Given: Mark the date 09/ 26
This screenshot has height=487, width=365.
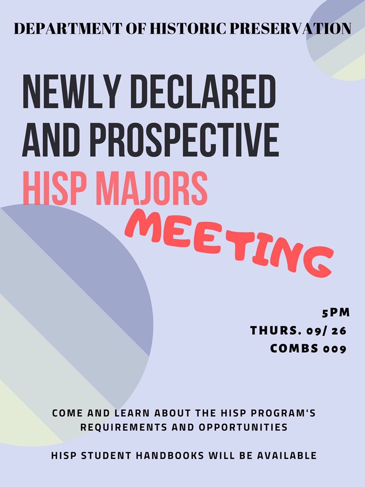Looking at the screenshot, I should coord(327,331).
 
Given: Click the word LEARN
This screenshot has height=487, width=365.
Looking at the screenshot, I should coord(124,413).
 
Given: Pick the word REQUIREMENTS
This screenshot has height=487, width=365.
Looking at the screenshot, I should coord(121,427).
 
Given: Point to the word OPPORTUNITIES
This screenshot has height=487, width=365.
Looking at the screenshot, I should coord(239,427).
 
